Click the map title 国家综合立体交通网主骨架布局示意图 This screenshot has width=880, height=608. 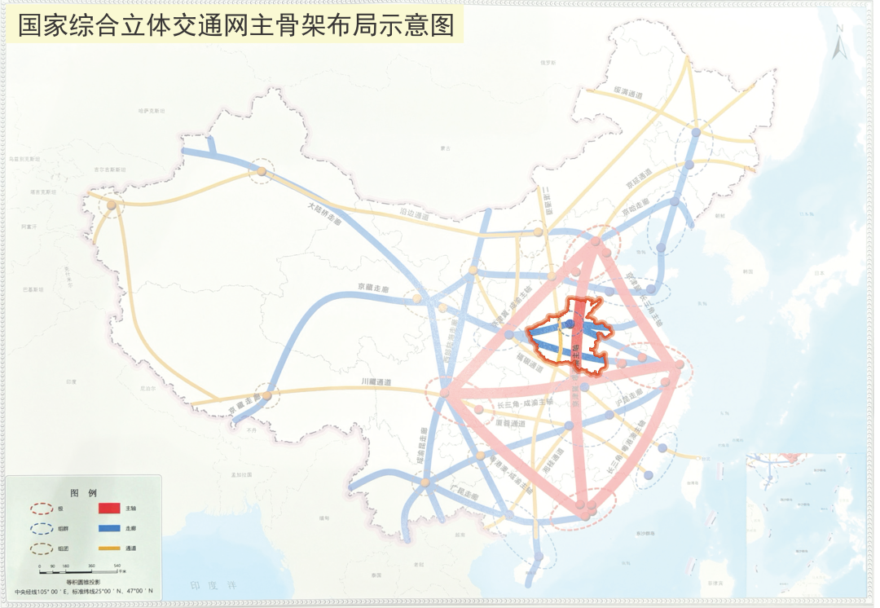pos(236,25)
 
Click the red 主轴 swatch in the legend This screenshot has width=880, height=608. pos(109,509)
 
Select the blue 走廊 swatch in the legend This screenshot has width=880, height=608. pos(109,528)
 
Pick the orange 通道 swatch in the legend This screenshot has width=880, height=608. pos(109,549)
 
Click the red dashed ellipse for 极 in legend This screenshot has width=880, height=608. pos(41,509)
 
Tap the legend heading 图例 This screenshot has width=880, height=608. pos(83,493)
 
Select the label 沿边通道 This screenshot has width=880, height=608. pos(414,217)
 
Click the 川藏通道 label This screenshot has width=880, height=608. pos(376,382)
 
